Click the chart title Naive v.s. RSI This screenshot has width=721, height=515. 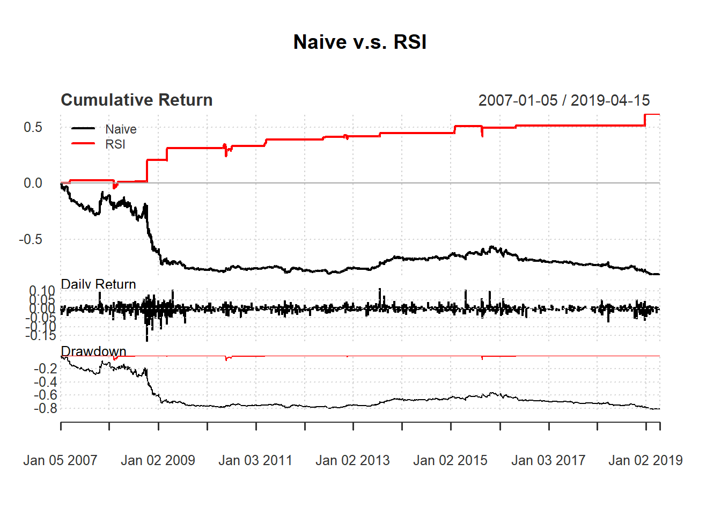(360, 42)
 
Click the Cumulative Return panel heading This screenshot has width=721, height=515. (137, 100)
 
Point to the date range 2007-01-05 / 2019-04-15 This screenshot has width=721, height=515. (564, 100)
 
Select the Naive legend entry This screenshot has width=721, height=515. (121, 129)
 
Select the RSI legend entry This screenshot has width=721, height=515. (115, 144)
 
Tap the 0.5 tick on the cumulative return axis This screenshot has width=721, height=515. (33, 127)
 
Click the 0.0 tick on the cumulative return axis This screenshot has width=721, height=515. (33, 183)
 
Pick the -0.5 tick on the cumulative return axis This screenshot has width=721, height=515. (31, 239)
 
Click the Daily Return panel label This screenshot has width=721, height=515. (98, 284)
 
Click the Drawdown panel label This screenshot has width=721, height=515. (93, 351)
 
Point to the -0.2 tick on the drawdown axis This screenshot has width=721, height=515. (45, 369)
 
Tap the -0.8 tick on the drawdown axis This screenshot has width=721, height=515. (45, 409)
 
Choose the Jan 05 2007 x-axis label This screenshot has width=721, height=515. (60, 460)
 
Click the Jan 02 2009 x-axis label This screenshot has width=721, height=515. (158, 460)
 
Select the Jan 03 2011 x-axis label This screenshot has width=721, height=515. (255, 460)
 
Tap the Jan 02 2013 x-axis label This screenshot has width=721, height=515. (352, 460)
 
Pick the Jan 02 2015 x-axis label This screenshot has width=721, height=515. (450, 460)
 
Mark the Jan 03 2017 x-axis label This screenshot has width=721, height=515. (548, 460)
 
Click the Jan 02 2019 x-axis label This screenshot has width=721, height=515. (645, 460)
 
